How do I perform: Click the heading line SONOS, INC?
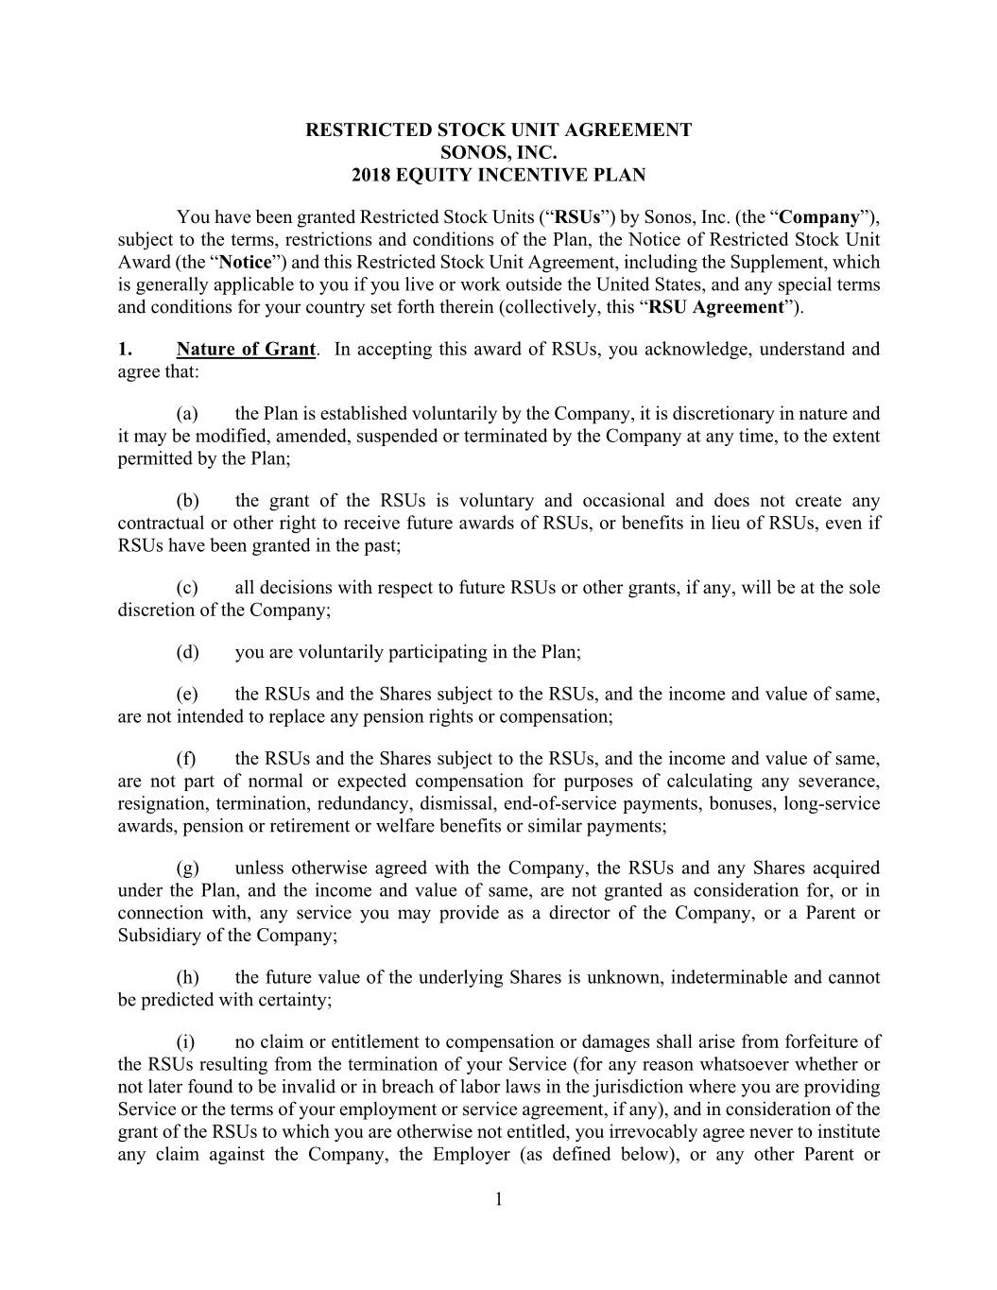tap(498, 152)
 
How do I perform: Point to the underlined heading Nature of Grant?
tap(246, 349)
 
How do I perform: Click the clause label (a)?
tap(187, 413)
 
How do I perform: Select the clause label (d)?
tap(187, 652)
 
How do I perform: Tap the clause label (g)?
tap(187, 868)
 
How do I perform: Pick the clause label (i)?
tap(185, 1041)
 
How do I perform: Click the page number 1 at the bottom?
tap(498, 1199)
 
